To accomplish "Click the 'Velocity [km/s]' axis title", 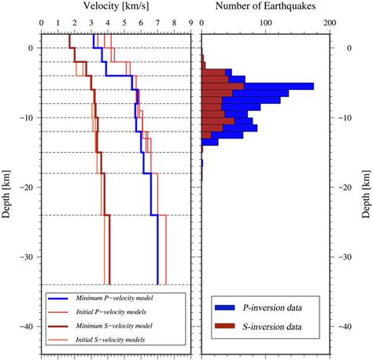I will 116,6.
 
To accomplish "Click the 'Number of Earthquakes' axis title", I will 264,6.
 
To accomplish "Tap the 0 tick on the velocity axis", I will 41,24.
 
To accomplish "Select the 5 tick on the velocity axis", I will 124,24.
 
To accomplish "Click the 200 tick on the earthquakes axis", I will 329,24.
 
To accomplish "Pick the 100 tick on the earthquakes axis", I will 265,24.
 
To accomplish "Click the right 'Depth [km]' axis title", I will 366,187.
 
